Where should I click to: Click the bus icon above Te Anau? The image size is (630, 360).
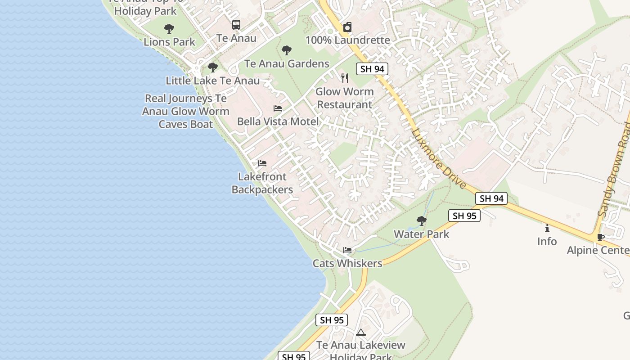click(236, 25)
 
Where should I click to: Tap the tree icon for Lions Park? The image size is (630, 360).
click(169, 29)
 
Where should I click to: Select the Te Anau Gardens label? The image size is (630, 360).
click(287, 63)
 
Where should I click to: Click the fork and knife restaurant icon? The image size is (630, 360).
click(345, 78)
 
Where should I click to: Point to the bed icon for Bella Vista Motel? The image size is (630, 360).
click(278, 108)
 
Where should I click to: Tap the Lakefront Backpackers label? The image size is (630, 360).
click(262, 183)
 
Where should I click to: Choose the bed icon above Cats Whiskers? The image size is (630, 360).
click(347, 250)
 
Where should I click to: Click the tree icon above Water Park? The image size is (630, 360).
click(422, 221)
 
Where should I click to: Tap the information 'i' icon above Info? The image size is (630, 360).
click(547, 228)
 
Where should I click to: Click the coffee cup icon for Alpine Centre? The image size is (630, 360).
click(600, 237)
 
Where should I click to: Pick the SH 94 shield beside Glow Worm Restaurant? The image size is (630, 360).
click(372, 69)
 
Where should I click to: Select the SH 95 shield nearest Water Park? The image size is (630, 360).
click(464, 216)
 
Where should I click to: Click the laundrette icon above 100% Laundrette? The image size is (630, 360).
click(347, 27)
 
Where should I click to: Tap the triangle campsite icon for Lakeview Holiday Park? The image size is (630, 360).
click(360, 333)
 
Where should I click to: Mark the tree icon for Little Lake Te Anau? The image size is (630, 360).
click(212, 67)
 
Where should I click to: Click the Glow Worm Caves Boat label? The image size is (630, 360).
click(185, 111)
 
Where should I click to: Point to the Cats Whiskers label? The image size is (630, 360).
click(347, 263)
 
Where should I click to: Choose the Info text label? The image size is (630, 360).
click(547, 242)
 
